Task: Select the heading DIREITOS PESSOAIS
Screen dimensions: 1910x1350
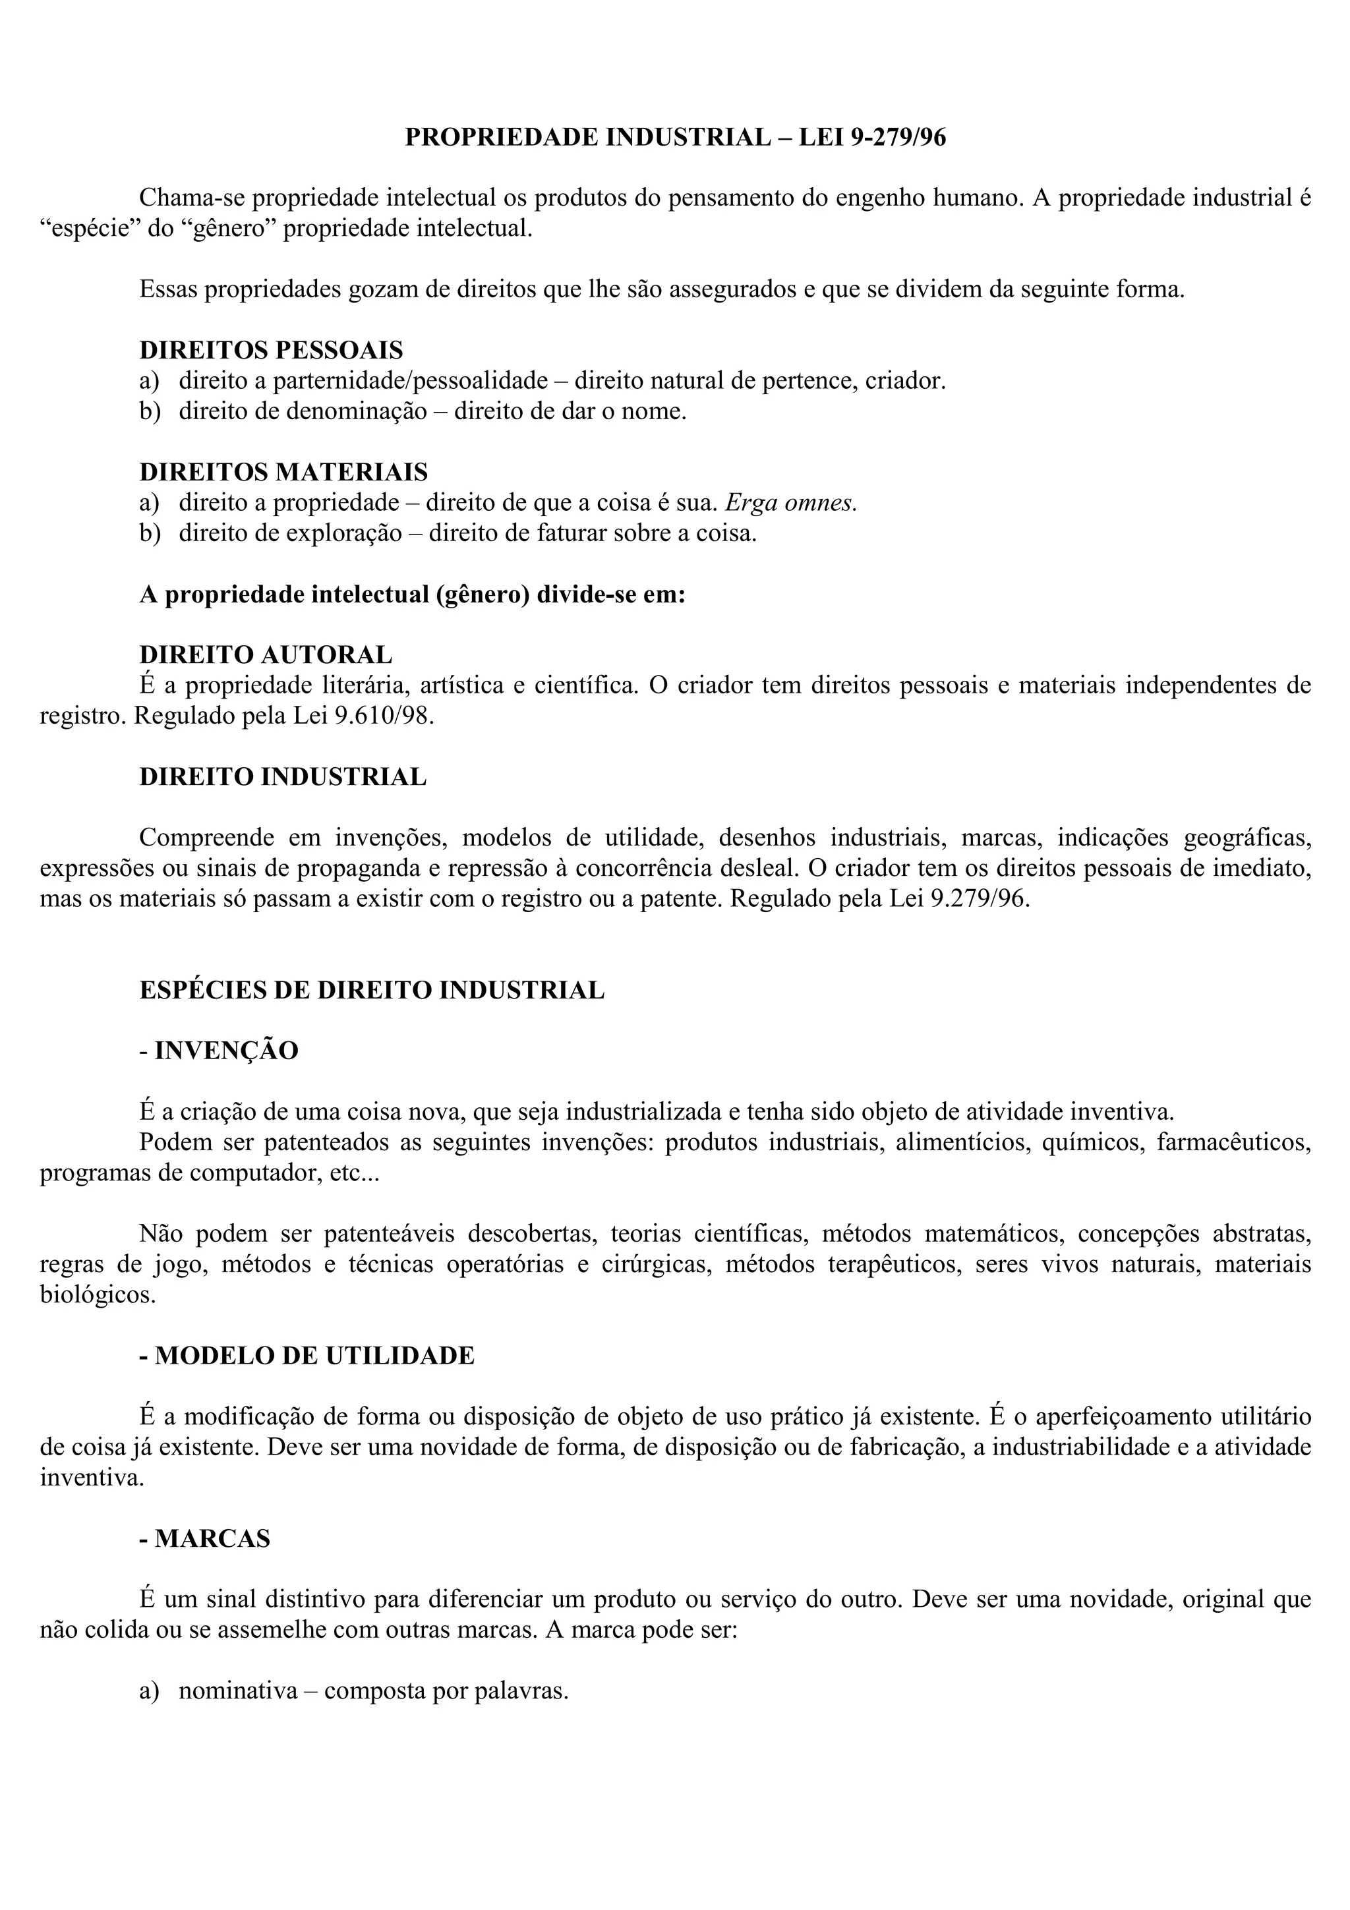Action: [x=271, y=350]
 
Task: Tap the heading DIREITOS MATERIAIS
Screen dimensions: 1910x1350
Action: [x=283, y=473]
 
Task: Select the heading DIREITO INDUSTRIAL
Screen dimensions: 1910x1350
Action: [x=283, y=777]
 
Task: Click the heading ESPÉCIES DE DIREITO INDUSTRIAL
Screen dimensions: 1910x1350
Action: [x=372, y=991]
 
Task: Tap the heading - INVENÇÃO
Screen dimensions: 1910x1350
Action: [x=219, y=1051]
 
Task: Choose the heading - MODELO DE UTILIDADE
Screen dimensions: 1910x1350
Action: [x=307, y=1356]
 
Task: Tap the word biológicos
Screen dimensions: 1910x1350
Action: [x=98, y=1295]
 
